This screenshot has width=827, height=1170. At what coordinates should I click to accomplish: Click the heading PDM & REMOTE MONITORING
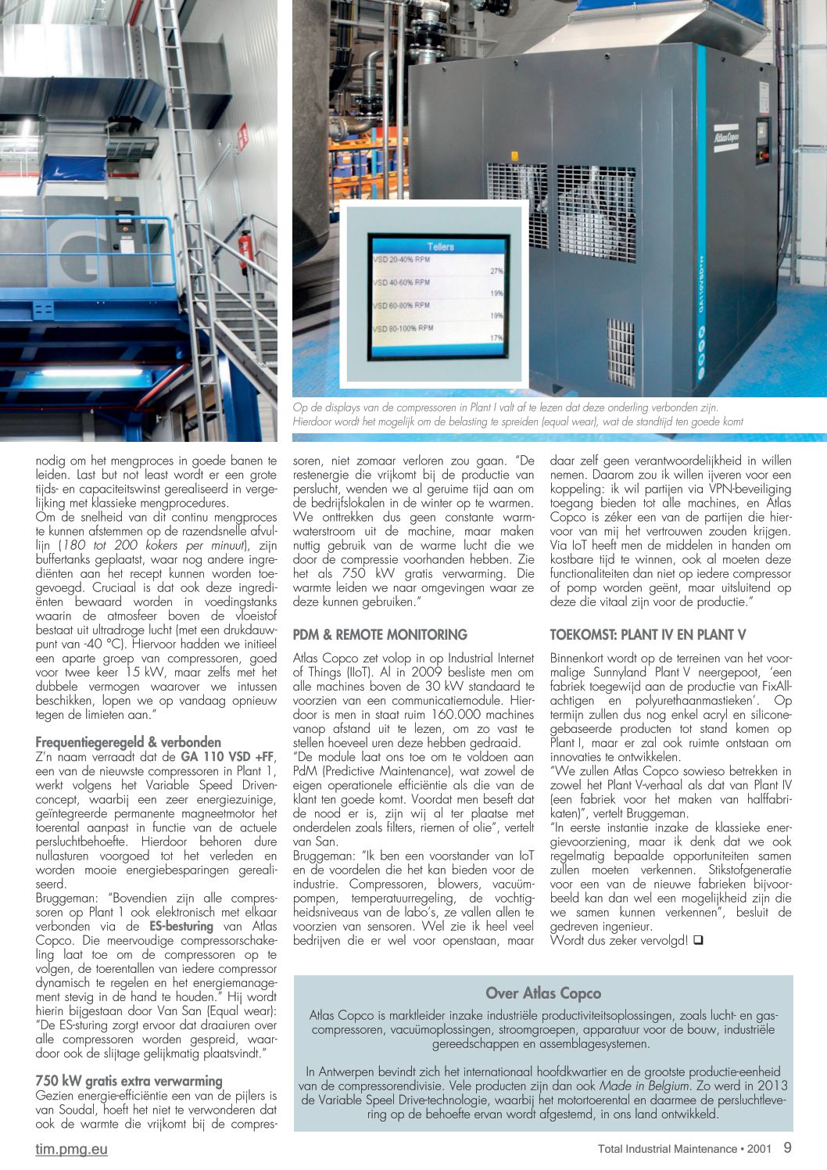[380, 634]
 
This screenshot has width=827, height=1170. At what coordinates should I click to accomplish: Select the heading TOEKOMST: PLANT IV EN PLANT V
[647, 634]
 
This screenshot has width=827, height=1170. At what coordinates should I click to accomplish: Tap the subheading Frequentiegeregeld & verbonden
[128, 741]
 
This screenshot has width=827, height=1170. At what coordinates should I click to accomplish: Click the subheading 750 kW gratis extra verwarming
[129, 1081]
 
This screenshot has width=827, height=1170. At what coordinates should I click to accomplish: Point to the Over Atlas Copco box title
[543, 993]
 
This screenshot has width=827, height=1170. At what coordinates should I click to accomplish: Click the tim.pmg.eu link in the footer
[71, 1149]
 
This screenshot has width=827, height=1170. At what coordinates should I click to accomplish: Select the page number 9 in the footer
[787, 1148]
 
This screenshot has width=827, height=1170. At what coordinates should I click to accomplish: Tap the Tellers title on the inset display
[440, 246]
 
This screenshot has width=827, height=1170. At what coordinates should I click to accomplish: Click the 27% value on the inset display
[496, 271]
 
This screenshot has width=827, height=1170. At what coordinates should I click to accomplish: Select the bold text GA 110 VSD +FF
[227, 756]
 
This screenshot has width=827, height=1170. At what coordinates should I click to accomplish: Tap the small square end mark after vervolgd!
[697, 940]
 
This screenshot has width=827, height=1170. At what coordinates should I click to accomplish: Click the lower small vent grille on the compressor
[621, 347]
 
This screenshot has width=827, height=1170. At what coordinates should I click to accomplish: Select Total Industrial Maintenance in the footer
[667, 1149]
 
